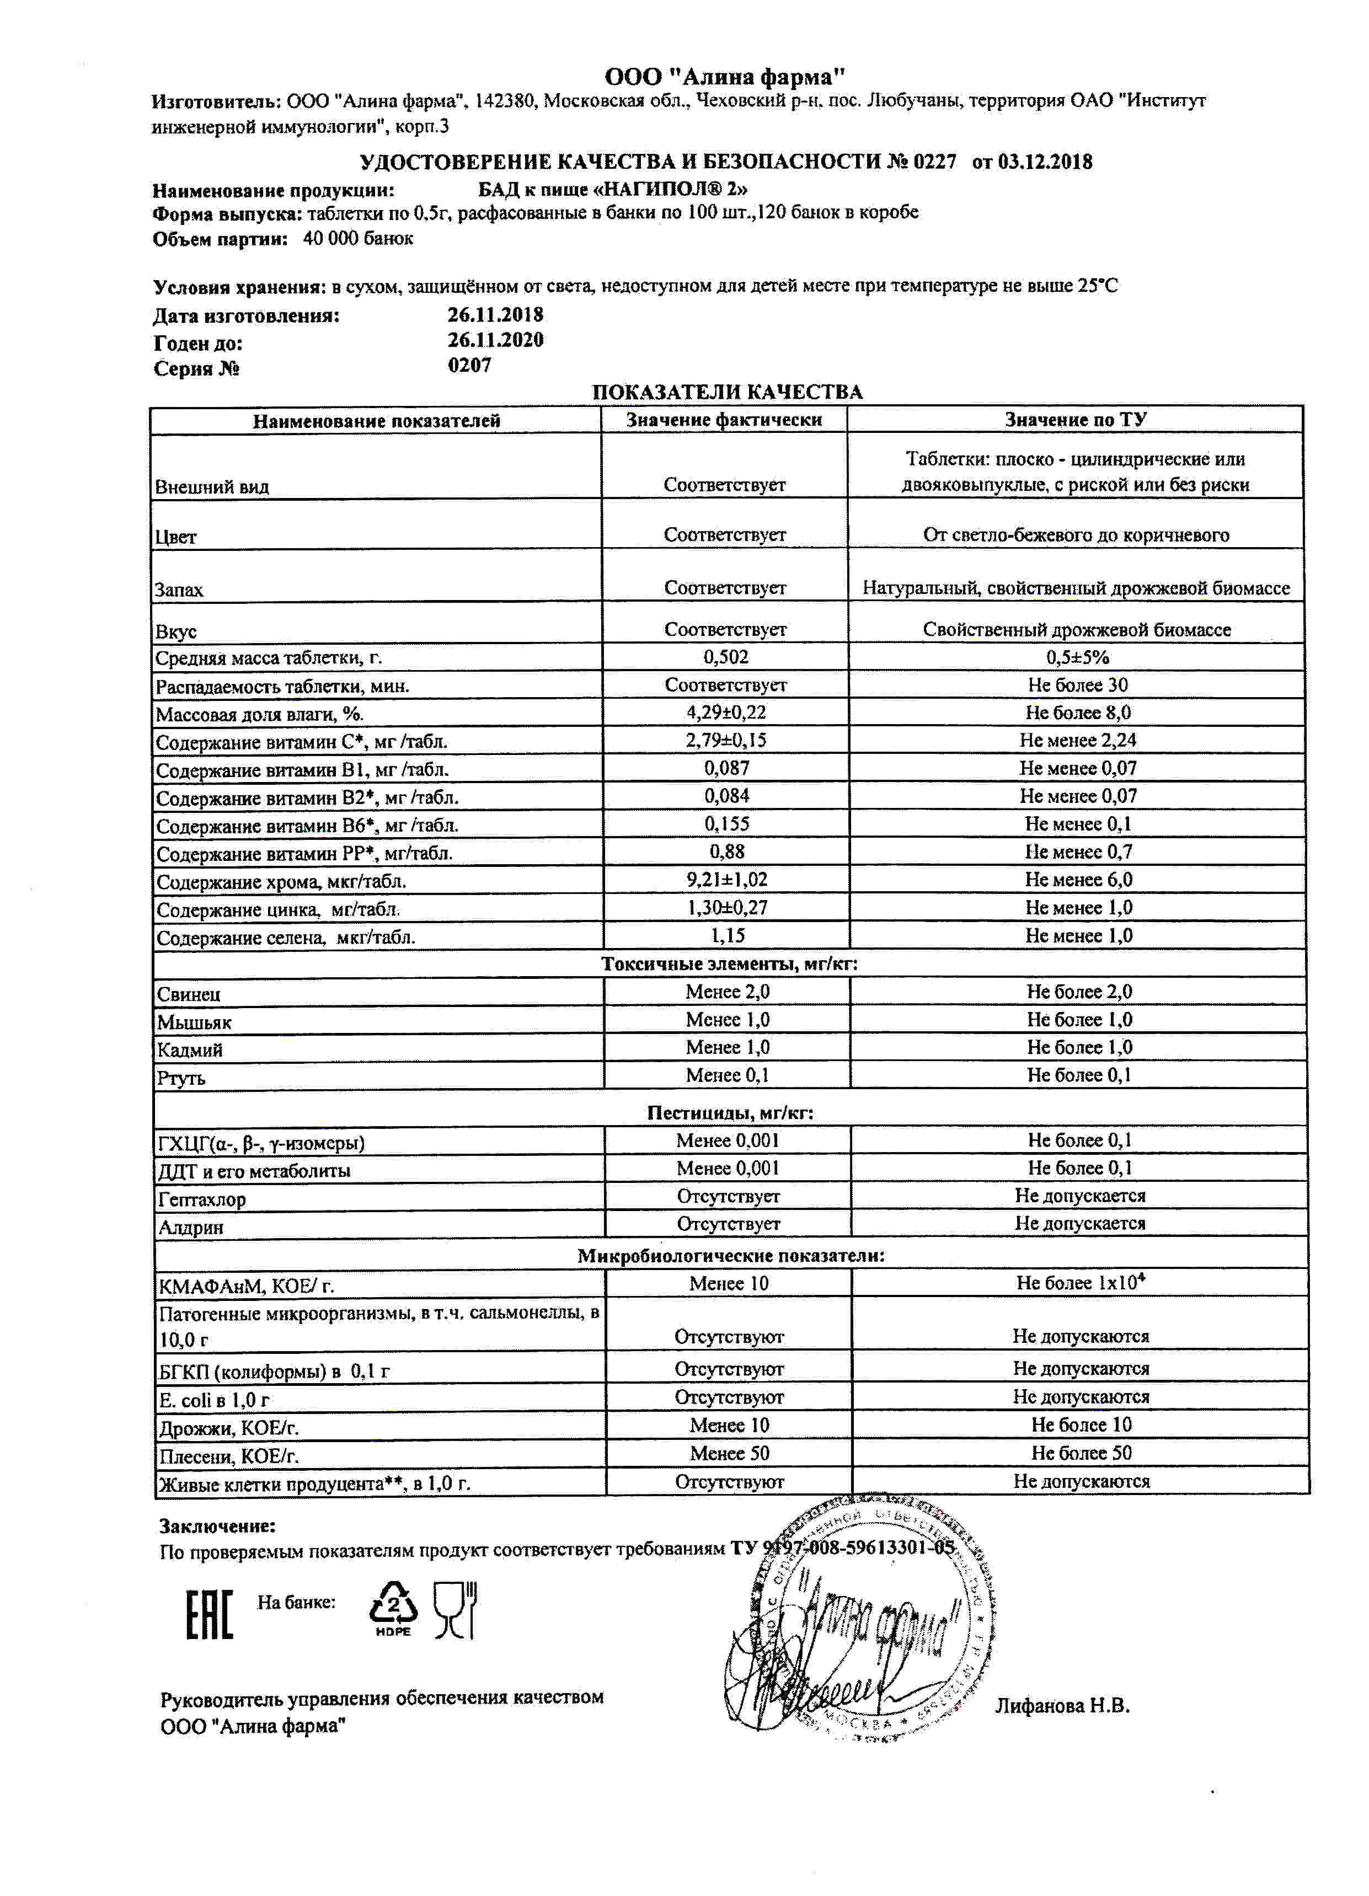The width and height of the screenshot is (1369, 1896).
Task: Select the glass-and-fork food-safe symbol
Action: click(455, 1609)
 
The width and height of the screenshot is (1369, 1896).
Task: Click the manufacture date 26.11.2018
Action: click(495, 315)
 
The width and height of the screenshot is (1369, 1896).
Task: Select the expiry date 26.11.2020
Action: click(495, 340)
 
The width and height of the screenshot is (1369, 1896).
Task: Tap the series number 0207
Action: click(469, 365)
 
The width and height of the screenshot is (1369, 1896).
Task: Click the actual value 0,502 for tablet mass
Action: click(725, 657)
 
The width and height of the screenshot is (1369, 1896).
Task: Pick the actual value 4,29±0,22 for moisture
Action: click(725, 713)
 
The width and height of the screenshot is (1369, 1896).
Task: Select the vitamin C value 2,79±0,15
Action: click(725, 740)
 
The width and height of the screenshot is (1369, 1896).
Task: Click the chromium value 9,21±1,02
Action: click(726, 880)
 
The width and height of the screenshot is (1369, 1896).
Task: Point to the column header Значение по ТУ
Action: click(1076, 420)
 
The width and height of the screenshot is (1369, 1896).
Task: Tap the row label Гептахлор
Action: click(201, 1199)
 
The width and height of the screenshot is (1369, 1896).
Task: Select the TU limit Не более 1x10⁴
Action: click(1079, 1282)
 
